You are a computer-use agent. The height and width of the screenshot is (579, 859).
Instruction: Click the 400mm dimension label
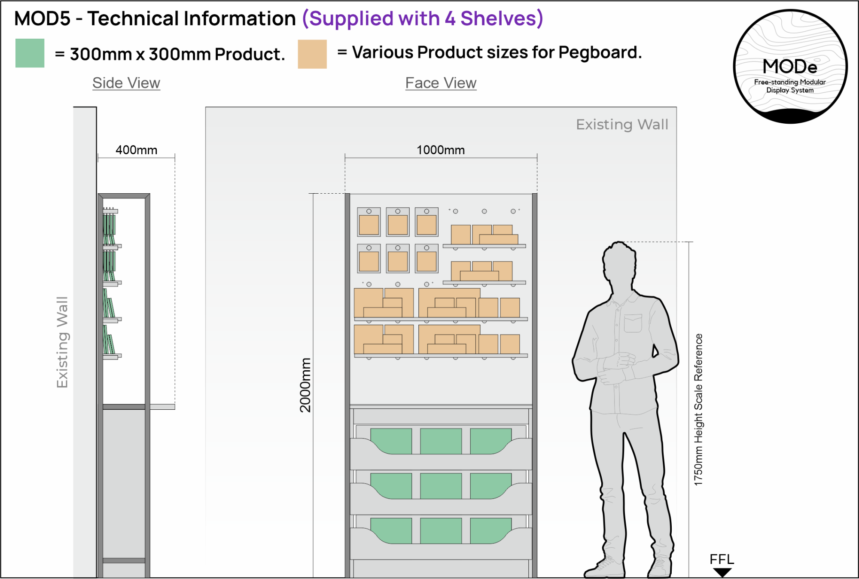pyautogui.click(x=136, y=150)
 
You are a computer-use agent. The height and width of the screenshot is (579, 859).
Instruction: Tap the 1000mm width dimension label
pyautogui.click(x=441, y=150)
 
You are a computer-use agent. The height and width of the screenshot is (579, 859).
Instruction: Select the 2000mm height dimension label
pyautogui.click(x=305, y=385)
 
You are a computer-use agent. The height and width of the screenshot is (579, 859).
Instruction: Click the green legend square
pyautogui.click(x=30, y=53)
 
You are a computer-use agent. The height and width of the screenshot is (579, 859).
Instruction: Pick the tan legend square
pyautogui.click(x=312, y=54)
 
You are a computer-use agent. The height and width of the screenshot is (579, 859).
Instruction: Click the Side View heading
pyautogui.click(x=126, y=83)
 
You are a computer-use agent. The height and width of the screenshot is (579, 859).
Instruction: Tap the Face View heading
pyautogui.click(x=441, y=83)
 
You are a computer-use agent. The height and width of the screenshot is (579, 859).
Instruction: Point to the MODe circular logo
pyautogui.click(x=790, y=67)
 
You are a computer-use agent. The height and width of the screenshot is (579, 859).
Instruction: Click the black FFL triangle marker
pyautogui.click(x=722, y=572)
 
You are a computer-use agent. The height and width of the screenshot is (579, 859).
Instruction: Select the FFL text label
pyautogui.click(x=722, y=559)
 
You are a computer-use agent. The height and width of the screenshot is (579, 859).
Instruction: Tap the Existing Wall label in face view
pyautogui.click(x=622, y=125)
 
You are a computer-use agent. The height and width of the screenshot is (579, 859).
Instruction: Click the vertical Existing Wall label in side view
pyautogui.click(x=63, y=342)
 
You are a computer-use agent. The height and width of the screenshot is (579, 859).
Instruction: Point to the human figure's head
pyautogui.click(x=619, y=260)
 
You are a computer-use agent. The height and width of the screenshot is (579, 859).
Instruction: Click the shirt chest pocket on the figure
pyautogui.click(x=633, y=323)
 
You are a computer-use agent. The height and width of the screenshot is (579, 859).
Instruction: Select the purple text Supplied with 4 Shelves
pyautogui.click(x=423, y=18)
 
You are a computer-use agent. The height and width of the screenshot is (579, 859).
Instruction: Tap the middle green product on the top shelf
pyautogui.click(x=441, y=441)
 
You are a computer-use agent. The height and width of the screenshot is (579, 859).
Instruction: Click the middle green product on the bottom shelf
pyautogui.click(x=441, y=530)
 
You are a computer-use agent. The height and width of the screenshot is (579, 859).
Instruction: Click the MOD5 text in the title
pyautogui.click(x=42, y=18)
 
